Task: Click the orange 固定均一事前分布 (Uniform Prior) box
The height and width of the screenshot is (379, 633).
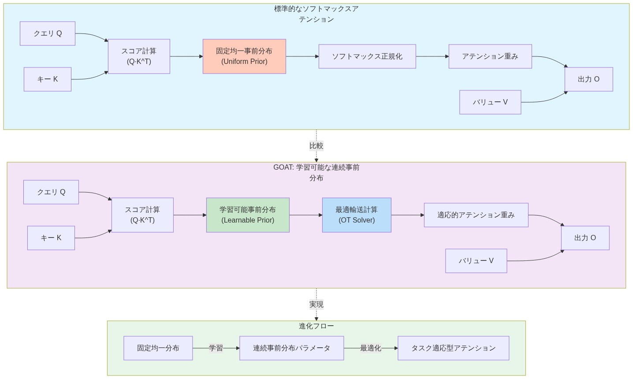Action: click(244, 56)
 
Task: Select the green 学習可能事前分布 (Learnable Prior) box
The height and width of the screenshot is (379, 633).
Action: click(248, 215)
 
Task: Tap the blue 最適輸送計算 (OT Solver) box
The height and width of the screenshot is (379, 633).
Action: click(357, 215)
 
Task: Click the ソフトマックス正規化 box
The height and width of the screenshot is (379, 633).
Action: click(367, 56)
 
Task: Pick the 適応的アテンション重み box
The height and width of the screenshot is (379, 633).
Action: click(476, 215)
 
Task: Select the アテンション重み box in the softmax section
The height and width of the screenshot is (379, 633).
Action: click(490, 56)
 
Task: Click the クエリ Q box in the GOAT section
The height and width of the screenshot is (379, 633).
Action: click(51, 192)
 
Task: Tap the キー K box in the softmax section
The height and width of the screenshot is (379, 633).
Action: click(48, 79)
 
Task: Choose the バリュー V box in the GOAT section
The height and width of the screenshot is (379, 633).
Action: click(476, 261)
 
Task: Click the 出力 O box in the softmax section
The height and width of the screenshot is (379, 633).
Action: click(588, 79)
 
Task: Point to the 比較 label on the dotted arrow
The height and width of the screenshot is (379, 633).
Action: click(316, 146)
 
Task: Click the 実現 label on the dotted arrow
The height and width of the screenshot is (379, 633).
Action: click(316, 305)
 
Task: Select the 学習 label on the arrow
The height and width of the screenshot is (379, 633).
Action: click(216, 348)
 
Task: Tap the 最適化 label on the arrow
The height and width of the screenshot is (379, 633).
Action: click(370, 348)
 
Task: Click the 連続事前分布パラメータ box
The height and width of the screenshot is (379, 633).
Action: click(291, 348)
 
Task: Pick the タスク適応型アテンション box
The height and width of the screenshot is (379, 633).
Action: click(453, 348)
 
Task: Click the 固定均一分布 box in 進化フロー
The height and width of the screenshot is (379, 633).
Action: click(158, 348)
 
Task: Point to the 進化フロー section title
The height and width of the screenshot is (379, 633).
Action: click(316, 326)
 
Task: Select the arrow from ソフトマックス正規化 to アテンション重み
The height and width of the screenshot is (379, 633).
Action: click(432, 56)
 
